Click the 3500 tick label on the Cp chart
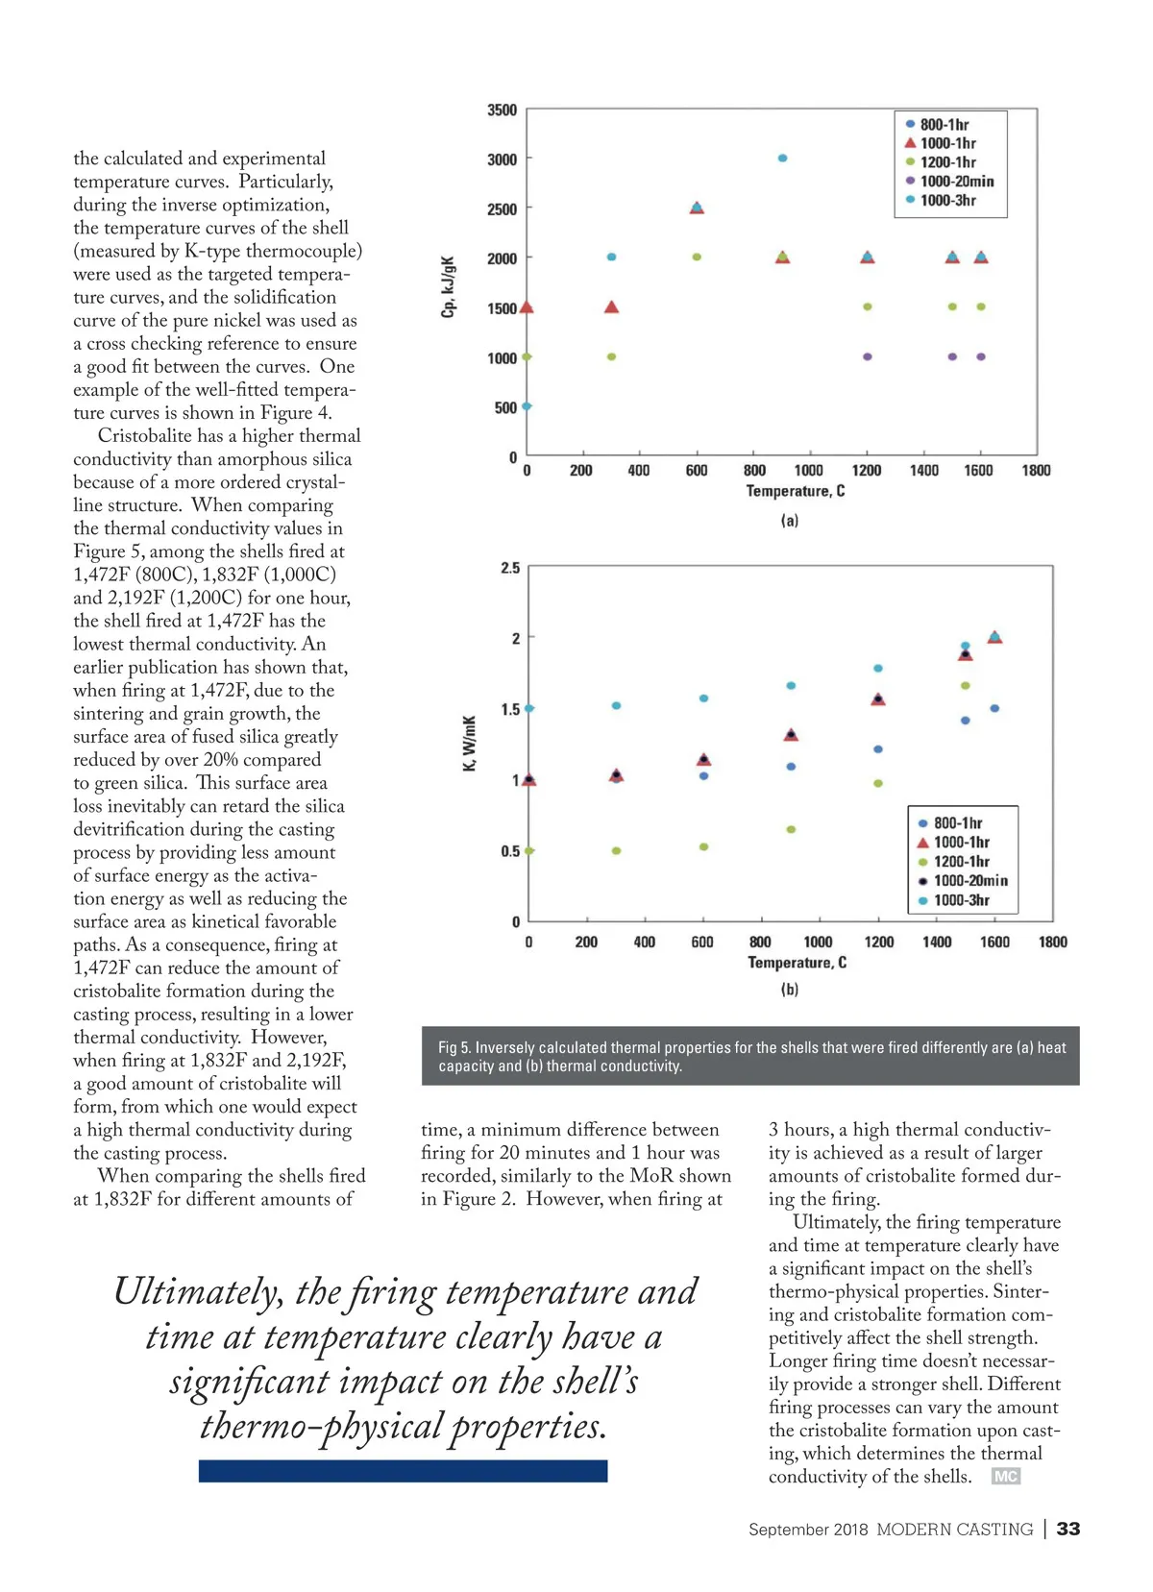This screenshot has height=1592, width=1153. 502,110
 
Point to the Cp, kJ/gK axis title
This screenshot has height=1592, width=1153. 448,286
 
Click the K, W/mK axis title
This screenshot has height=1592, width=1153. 469,743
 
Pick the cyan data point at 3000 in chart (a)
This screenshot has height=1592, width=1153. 783,159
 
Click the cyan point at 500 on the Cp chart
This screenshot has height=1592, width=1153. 527,406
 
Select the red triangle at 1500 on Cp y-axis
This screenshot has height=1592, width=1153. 527,307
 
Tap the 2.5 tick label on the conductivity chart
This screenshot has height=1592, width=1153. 510,568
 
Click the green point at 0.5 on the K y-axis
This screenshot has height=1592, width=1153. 528,851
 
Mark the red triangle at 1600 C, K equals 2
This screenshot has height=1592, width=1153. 994,637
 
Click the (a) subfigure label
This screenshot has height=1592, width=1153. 789,521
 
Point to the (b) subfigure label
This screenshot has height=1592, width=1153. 789,990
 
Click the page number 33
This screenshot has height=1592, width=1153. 1068,1529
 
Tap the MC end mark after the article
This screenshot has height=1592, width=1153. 1005,1477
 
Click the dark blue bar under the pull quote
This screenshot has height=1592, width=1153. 403,1471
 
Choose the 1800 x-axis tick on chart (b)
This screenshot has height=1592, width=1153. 1052,943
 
